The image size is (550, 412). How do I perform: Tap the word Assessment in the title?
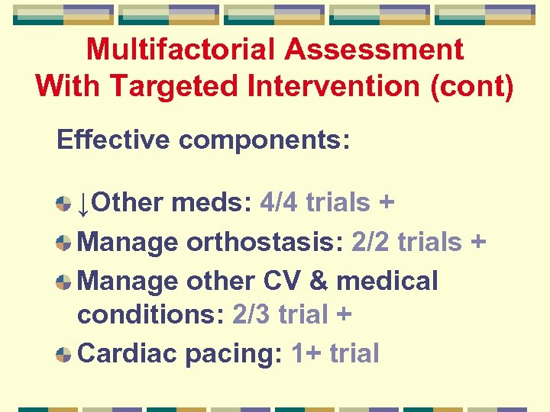(x=374, y=50)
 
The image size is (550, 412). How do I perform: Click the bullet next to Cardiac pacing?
(x=64, y=354)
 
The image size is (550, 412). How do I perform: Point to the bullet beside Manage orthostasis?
(x=64, y=243)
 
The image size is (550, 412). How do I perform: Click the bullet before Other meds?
(x=64, y=203)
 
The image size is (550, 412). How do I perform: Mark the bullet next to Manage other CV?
(x=64, y=281)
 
